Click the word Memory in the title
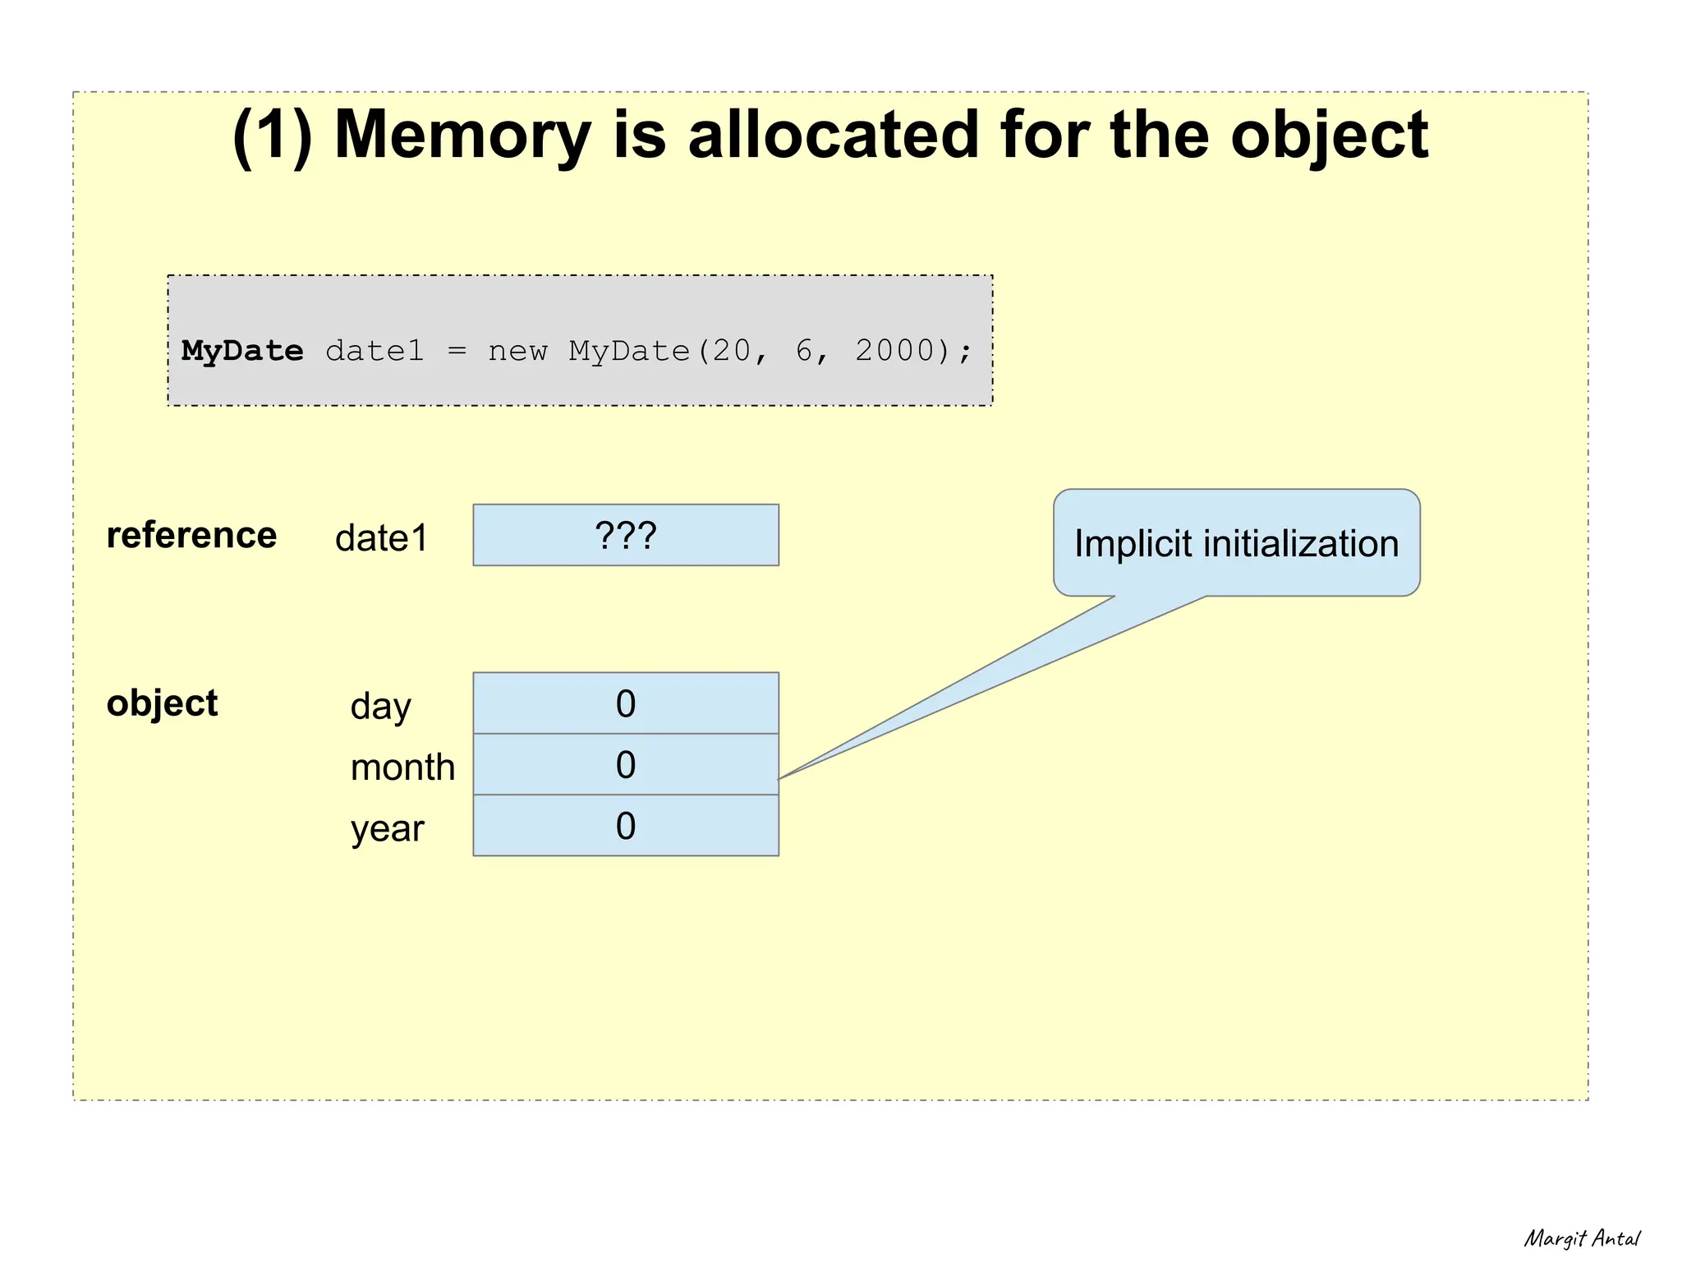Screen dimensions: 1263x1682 pos(462,135)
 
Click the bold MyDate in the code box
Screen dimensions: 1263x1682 pos(242,352)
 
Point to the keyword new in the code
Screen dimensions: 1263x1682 pos(517,352)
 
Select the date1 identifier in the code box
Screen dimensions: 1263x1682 pos(375,351)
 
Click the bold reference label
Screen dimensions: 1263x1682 pos(191,536)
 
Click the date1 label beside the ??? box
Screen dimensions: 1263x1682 pos(381,539)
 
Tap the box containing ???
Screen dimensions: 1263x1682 pos(626,536)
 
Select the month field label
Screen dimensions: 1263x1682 pos(402,767)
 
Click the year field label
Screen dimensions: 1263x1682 pos(387,828)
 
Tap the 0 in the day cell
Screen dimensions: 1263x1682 pos(626,704)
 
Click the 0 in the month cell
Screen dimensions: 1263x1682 pos(626,765)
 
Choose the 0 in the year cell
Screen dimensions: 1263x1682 pos(626,826)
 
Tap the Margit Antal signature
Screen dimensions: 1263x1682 pos(1582,1238)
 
